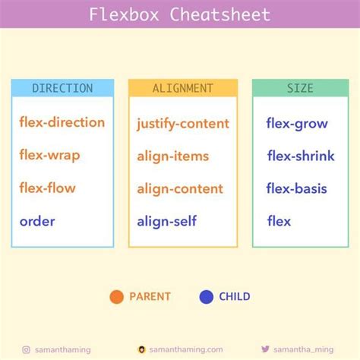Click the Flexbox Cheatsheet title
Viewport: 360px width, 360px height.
(x=179, y=14)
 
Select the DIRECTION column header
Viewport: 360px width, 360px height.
(x=62, y=88)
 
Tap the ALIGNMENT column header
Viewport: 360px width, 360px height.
(x=182, y=88)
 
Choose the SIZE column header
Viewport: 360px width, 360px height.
(x=300, y=88)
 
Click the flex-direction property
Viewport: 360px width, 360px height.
(x=62, y=122)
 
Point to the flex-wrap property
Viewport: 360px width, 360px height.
(x=50, y=156)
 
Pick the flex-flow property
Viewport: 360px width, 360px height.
(x=48, y=188)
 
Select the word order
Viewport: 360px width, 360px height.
(x=37, y=222)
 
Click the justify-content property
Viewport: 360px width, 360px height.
(x=183, y=123)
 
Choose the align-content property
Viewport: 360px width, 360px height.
(x=180, y=188)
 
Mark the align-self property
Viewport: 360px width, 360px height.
(x=166, y=222)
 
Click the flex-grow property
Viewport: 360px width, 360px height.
(x=298, y=122)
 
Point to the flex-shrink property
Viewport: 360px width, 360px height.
(x=301, y=156)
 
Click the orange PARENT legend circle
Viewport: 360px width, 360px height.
(x=117, y=297)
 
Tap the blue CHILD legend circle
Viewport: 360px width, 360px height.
(x=206, y=297)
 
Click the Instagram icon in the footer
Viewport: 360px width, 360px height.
(x=27, y=349)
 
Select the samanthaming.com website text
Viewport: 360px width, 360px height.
(x=186, y=349)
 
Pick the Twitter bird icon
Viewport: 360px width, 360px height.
(x=265, y=349)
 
